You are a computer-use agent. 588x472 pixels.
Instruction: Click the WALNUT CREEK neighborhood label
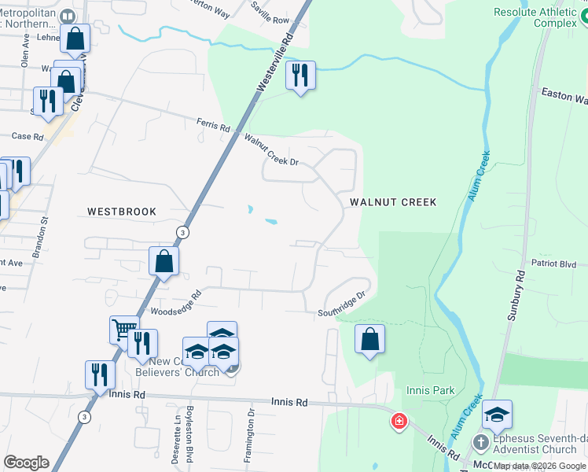tap(392, 202)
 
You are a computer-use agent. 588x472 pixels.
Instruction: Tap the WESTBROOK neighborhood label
tap(122, 212)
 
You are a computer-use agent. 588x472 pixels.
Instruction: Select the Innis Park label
tap(431, 390)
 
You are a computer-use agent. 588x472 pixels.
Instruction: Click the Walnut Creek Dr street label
tap(271, 151)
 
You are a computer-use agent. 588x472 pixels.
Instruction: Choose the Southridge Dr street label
tap(343, 304)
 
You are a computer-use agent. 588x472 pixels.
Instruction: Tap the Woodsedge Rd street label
tap(177, 302)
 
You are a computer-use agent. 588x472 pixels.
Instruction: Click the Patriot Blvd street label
tap(554, 264)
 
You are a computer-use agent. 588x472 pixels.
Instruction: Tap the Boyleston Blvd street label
tap(189, 434)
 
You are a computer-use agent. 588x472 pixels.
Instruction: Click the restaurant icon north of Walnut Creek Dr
tap(300, 75)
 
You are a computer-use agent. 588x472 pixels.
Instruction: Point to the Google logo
tap(26, 463)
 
